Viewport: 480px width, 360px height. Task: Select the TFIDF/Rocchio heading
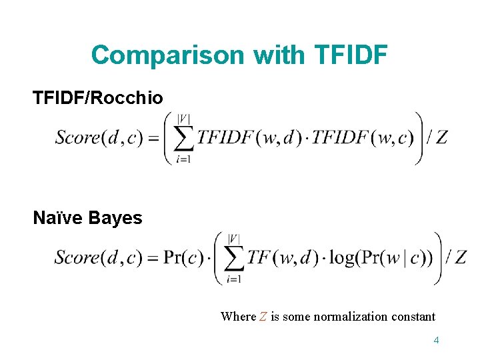pos(97,98)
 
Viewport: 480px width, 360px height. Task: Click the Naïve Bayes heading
pos(87,218)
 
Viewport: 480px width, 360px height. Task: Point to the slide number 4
pos(436,340)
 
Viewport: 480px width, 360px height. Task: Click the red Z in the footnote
pos(263,317)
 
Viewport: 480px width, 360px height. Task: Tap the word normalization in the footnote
pos(361,317)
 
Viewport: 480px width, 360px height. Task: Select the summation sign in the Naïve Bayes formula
pos(233,258)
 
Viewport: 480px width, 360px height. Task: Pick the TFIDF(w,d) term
pos(247,138)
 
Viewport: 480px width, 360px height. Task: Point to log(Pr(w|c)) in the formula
pos(381,257)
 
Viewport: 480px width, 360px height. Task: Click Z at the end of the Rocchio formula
pos(441,138)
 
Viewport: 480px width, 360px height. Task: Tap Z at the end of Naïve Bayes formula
pos(459,257)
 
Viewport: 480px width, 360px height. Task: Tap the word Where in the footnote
pos(238,317)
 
